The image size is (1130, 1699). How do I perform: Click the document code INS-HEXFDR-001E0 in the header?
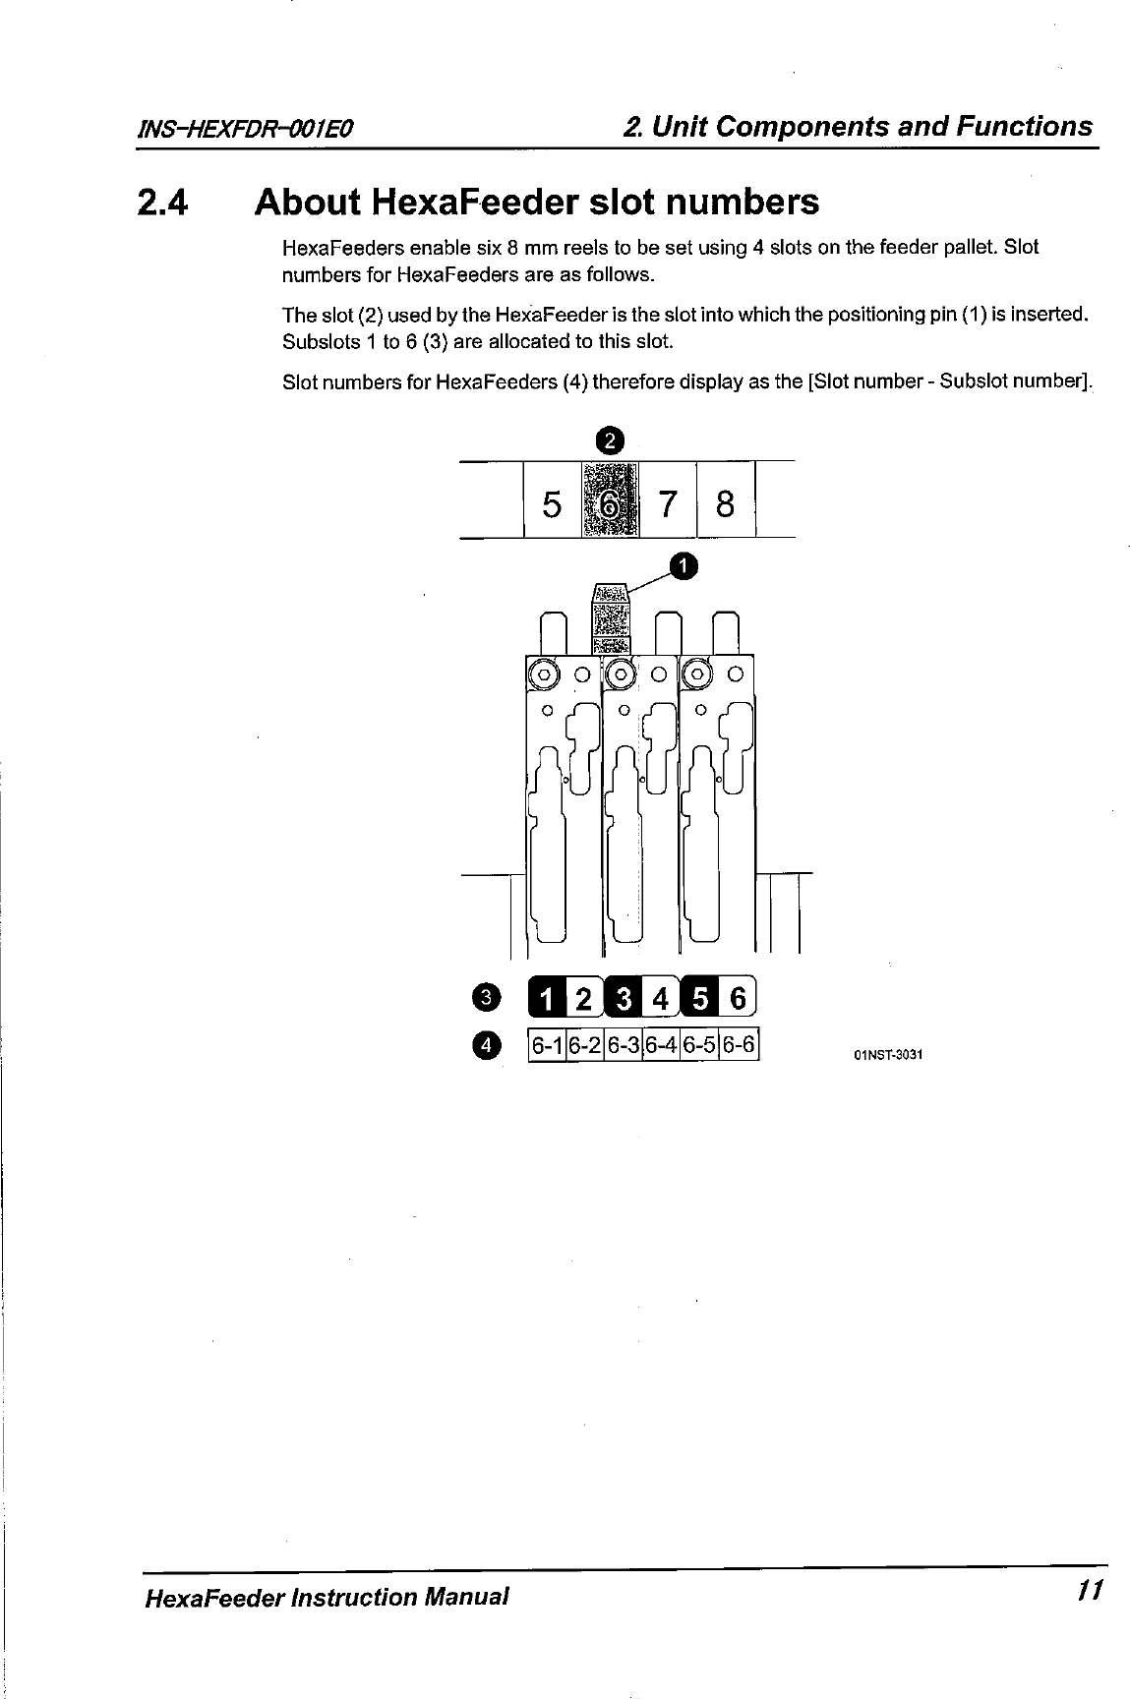[245, 130]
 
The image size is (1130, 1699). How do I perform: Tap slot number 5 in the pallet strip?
[552, 504]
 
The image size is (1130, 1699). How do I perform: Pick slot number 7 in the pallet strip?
[668, 504]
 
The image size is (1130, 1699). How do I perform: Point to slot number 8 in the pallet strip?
[726, 504]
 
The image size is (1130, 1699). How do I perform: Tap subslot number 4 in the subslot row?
[661, 998]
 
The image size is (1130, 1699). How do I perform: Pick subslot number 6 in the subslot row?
[738, 998]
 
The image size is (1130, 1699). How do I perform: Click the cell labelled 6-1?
[546, 1045]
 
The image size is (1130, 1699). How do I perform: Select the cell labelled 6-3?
[623, 1045]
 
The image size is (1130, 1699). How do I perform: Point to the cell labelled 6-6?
[739, 1045]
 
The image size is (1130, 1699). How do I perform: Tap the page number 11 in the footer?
[1087, 1590]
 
